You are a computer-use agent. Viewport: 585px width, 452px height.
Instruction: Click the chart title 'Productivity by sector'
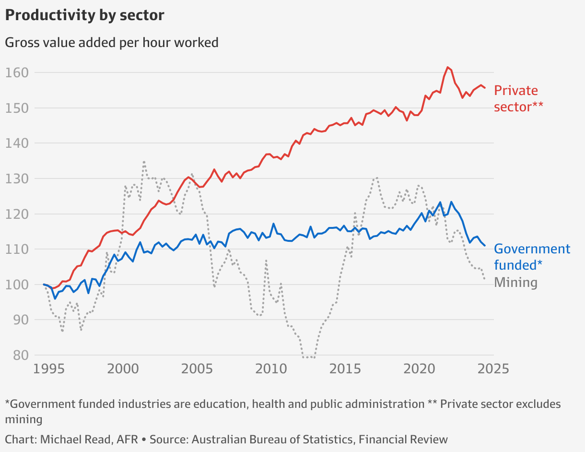point(84,15)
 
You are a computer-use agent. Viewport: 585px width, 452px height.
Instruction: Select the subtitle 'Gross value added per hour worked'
point(111,43)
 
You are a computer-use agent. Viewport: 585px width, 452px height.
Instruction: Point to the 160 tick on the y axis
point(17,73)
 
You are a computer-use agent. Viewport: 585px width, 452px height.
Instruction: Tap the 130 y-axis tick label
point(17,178)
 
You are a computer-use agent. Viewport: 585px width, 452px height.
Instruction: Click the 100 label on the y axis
point(17,285)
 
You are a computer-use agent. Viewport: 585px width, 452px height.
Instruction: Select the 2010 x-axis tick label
point(271,369)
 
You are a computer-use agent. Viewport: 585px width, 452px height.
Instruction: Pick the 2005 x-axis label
point(197,369)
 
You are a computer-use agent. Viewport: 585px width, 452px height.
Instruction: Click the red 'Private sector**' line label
point(518,98)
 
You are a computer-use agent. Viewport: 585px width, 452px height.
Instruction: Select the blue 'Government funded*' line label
point(532,257)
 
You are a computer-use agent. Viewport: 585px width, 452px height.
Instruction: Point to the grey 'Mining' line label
point(515,282)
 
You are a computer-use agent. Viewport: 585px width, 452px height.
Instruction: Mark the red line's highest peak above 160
point(447,67)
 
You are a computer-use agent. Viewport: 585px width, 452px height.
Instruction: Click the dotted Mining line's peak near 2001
point(144,162)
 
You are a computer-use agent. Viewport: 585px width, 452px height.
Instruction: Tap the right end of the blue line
point(485,246)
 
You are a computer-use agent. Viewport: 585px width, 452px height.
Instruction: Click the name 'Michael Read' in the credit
point(88,439)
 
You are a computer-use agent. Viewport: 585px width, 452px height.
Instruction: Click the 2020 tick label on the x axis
point(420,369)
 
